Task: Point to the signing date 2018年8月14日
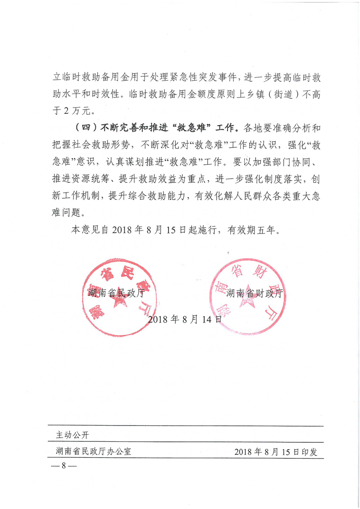185,319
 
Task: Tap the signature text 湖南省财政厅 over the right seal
254,293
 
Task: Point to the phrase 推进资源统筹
79,178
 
